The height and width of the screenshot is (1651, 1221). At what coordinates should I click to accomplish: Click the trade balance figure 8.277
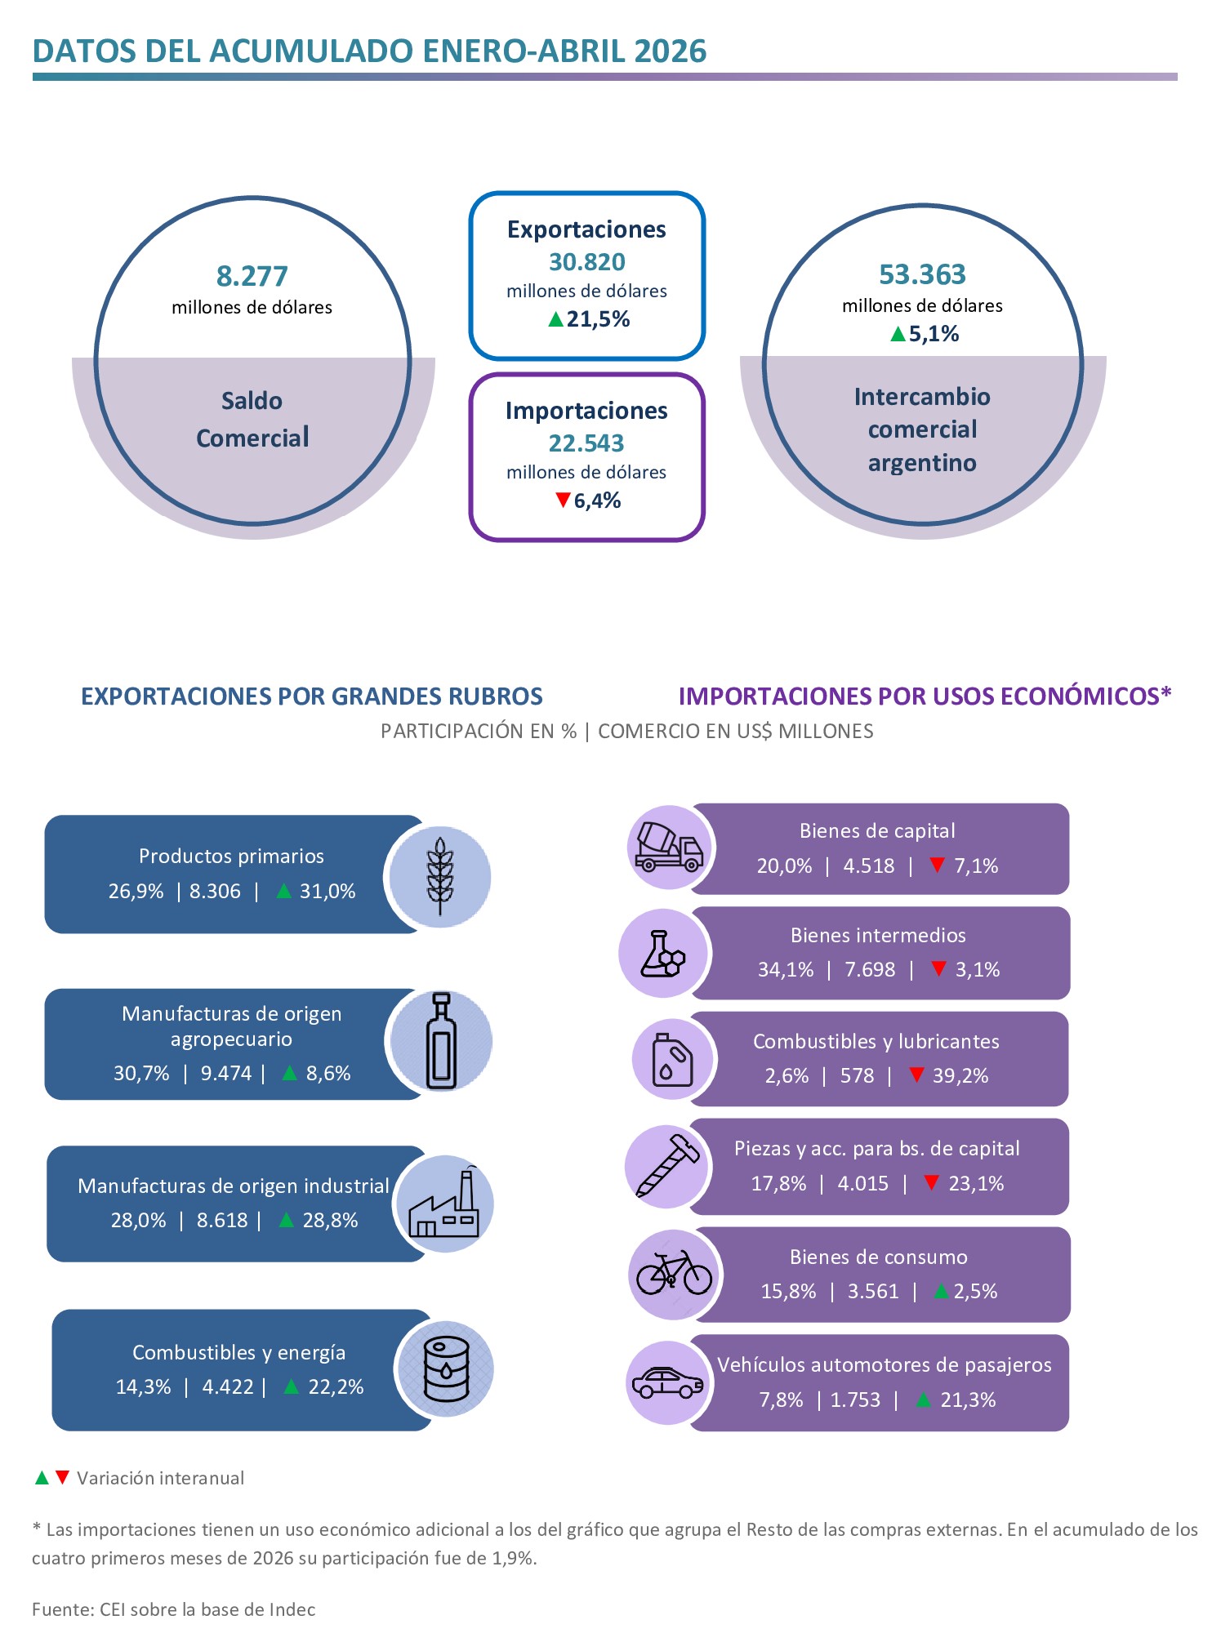[252, 276]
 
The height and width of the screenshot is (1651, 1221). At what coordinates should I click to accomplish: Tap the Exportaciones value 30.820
[586, 262]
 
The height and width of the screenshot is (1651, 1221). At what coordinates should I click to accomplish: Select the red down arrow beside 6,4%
[563, 499]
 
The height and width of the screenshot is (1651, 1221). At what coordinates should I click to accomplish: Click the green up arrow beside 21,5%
[556, 318]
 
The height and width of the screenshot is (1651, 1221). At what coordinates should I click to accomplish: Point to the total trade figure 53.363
[922, 274]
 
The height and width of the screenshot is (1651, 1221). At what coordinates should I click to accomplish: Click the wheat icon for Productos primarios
[440, 876]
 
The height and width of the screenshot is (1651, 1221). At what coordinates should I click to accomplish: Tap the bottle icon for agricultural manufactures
[441, 1041]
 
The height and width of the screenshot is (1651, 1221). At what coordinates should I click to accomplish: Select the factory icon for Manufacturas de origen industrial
[444, 1204]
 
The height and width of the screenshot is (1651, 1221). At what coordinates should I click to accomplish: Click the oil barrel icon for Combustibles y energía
[447, 1368]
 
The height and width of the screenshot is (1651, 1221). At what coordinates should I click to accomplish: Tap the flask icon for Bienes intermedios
[663, 953]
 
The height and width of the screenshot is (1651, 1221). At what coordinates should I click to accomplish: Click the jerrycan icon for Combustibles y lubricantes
[672, 1060]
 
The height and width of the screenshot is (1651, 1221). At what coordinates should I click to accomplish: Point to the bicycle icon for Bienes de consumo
[675, 1273]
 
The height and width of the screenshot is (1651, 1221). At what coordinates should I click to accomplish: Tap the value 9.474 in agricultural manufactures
[226, 1073]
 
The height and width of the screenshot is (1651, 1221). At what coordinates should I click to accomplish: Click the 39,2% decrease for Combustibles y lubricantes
[960, 1075]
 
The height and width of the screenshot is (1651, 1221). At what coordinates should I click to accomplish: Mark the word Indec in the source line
[292, 1609]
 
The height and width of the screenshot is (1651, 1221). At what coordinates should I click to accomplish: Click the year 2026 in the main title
[671, 51]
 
